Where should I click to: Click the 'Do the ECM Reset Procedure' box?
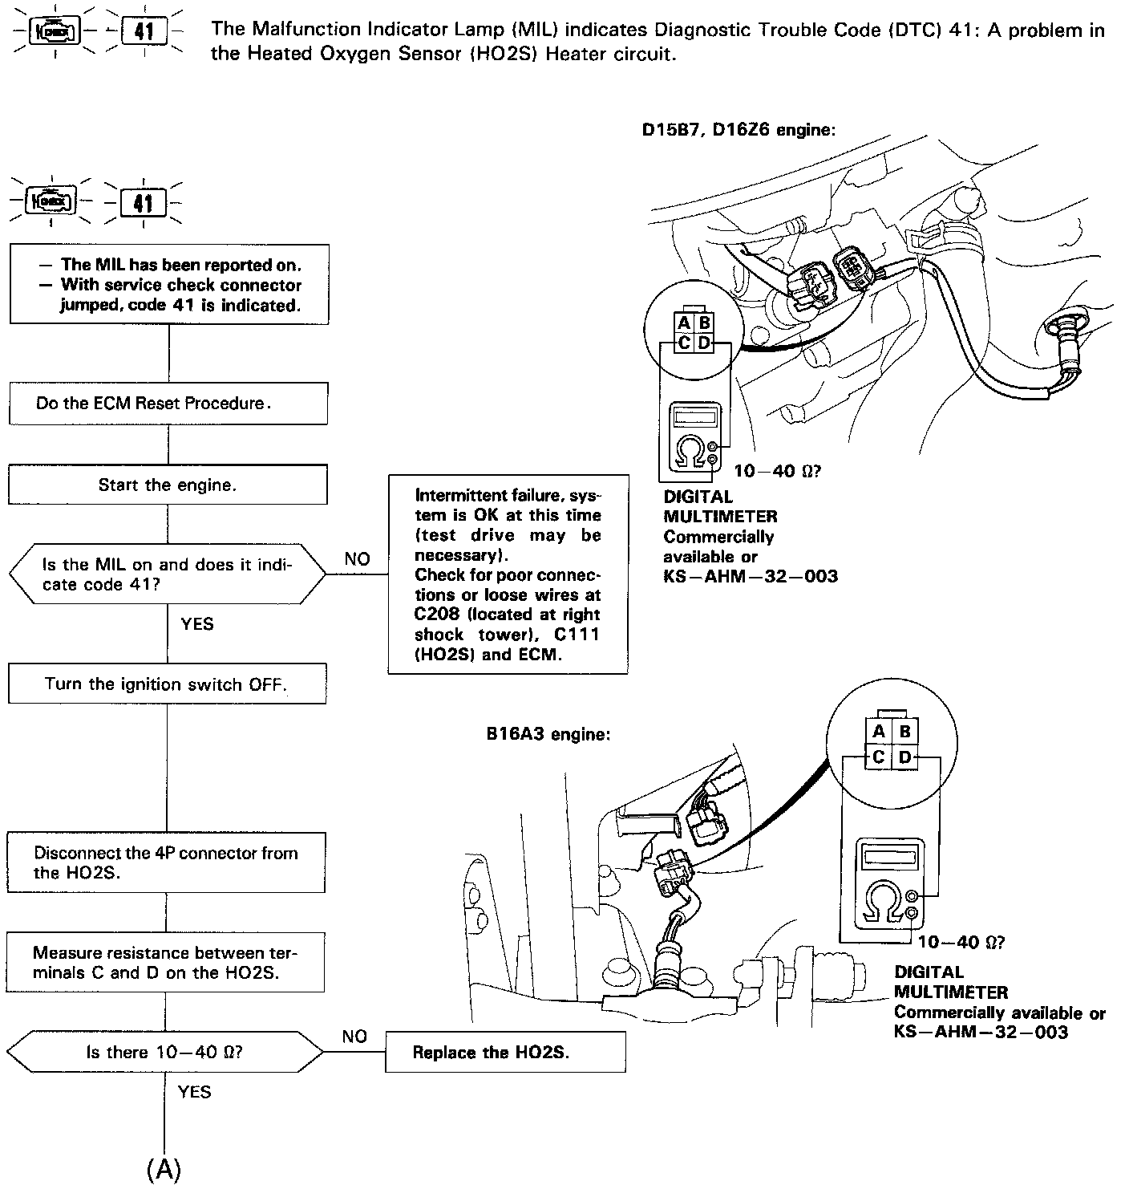tap(168, 403)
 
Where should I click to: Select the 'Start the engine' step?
tap(168, 485)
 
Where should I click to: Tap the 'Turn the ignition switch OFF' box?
tap(167, 684)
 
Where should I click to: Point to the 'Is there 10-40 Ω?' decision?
tap(164, 1052)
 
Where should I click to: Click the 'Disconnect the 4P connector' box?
tap(166, 862)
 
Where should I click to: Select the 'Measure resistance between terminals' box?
tap(165, 962)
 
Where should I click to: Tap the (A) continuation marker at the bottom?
tap(164, 1170)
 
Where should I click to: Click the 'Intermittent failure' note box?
tap(508, 574)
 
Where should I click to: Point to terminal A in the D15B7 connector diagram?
tap(684, 323)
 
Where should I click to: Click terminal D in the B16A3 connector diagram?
tap(904, 757)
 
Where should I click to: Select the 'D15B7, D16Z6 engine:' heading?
tap(739, 129)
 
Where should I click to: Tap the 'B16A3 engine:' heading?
tap(548, 734)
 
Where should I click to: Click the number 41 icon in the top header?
tap(144, 32)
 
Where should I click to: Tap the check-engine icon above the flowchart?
tap(52, 201)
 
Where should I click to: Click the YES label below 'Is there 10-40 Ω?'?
tap(195, 1091)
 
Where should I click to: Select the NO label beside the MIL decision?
tap(357, 558)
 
